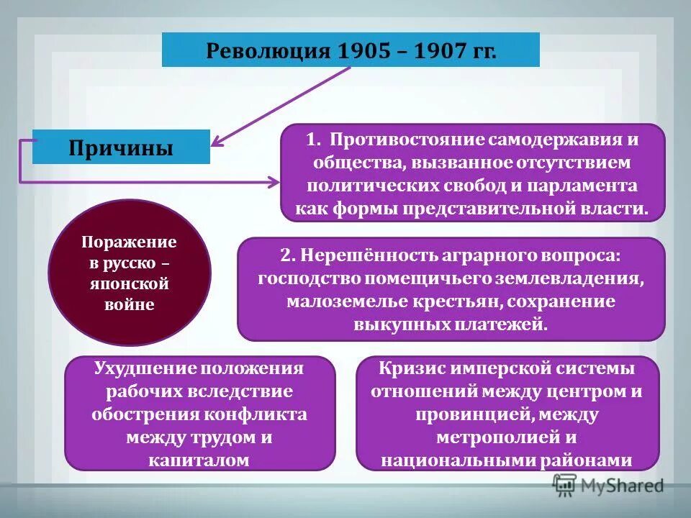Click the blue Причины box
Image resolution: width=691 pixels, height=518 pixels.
coord(121,147)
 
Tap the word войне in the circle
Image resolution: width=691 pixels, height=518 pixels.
coord(130,304)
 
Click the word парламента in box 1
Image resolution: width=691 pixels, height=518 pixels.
coord(582,185)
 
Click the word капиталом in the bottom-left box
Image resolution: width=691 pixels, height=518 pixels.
coord(199,460)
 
